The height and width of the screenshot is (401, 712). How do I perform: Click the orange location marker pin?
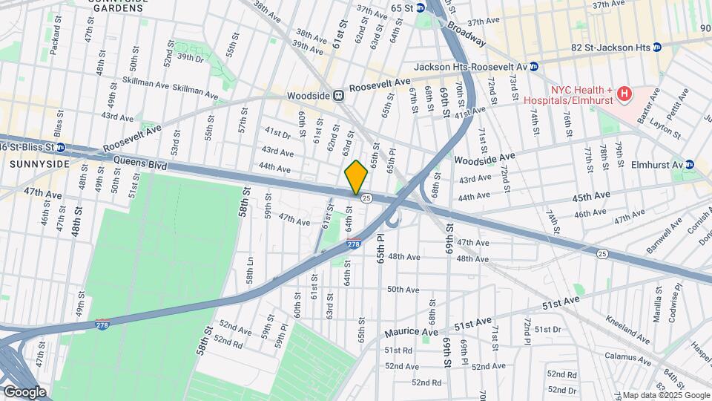coord(356,177)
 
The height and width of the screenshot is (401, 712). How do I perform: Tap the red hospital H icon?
coord(624,94)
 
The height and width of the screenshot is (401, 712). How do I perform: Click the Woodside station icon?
coord(338,95)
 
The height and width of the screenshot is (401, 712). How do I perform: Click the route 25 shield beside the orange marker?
coord(366,198)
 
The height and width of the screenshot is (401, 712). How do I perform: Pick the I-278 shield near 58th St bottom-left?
coord(103,325)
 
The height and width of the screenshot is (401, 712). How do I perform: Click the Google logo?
coord(24,391)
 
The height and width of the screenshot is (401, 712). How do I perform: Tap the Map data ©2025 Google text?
coord(665,395)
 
